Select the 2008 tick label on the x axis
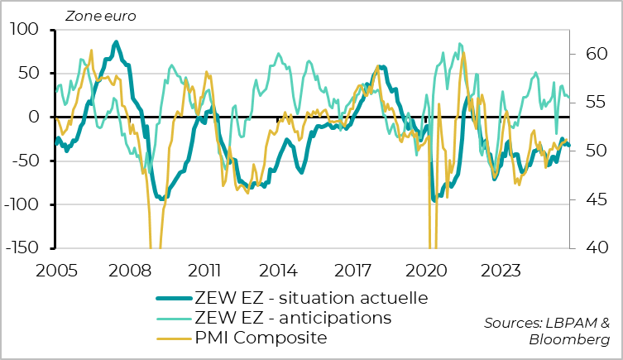[x=130, y=270]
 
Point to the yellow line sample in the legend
[x=175, y=338]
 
